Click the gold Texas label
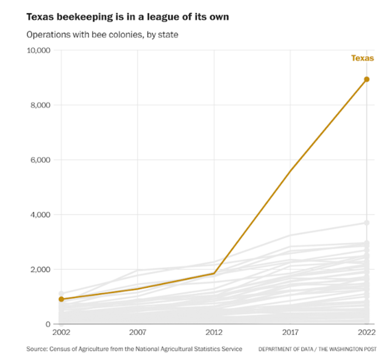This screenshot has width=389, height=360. click(x=362, y=58)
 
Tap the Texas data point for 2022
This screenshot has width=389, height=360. click(x=367, y=79)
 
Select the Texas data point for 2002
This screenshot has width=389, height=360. click(x=61, y=299)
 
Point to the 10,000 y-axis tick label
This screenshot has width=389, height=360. click(x=38, y=50)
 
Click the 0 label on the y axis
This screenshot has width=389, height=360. click(x=48, y=324)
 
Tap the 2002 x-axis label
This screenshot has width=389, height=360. click(x=61, y=333)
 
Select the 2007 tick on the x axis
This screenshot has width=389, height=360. click(x=138, y=333)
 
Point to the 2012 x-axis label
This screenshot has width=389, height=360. click(x=214, y=333)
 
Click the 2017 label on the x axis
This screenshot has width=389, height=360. click(x=291, y=333)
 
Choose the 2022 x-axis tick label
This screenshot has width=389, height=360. click(x=367, y=333)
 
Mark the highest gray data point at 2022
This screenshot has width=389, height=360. click(x=367, y=223)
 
